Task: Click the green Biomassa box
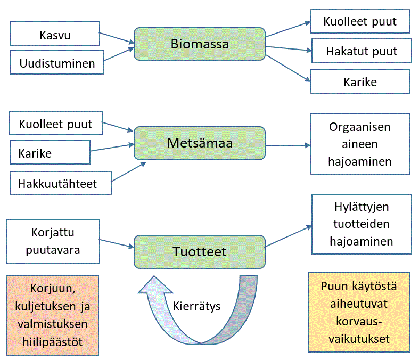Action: pos(200,44)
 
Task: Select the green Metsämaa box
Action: pos(200,143)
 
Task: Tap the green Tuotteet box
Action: pos(200,251)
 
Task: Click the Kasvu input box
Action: pos(55,35)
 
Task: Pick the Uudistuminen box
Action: pos(57,63)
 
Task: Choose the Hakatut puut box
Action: pos(362,52)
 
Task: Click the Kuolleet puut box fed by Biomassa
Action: pos(360,22)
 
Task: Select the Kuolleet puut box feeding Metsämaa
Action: pos(55,124)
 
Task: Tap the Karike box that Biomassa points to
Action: pos(360,81)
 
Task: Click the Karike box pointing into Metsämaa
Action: pos(50,153)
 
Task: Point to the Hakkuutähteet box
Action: pos(61,183)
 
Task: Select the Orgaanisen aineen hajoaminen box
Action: pos(360,144)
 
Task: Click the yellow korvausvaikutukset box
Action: pos(359,312)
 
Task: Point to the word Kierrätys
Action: pos(196,307)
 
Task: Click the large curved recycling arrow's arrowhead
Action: pos(154,288)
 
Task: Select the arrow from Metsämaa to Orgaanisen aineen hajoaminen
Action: pos(287,145)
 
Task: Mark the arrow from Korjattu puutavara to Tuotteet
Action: pos(116,243)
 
